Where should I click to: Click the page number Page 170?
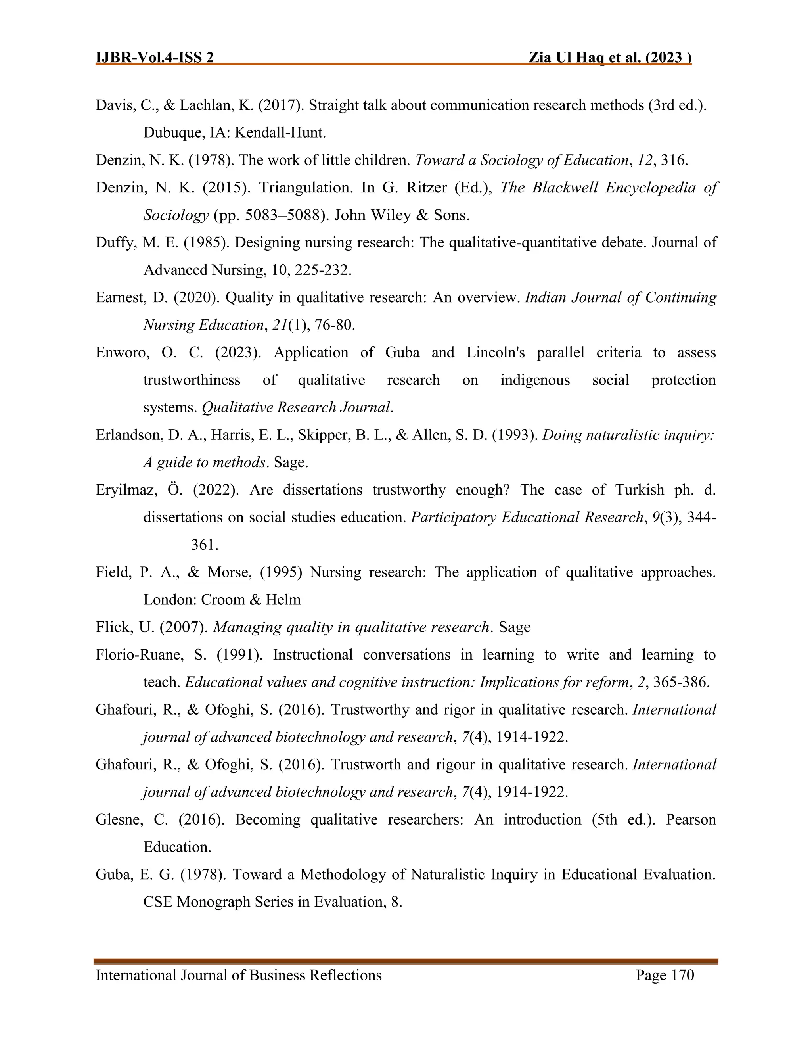pyautogui.click(x=665, y=975)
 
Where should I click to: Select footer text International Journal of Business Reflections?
pyautogui.click(x=239, y=975)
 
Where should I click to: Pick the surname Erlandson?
pyautogui.click(x=128, y=435)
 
